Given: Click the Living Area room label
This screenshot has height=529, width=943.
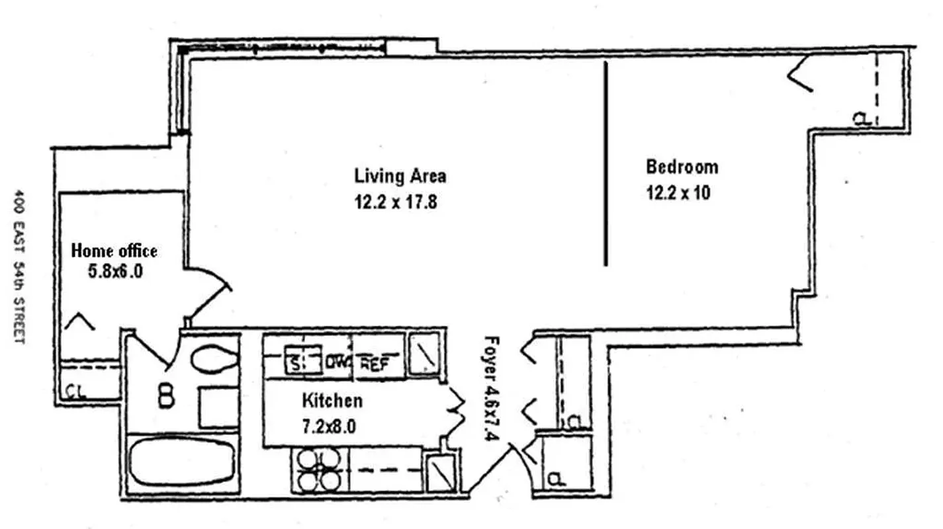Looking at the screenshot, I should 400,176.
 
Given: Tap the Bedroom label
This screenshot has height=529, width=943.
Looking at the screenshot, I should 682,167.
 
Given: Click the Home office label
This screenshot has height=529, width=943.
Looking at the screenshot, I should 114,251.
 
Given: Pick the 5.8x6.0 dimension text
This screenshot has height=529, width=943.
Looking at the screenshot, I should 115,271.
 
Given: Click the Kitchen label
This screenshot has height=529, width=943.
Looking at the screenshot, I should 332,400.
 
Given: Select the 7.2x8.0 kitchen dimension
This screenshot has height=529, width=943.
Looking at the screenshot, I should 329,427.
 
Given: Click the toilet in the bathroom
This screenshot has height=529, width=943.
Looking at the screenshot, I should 214,360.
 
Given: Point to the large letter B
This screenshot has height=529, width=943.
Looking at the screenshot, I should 166,397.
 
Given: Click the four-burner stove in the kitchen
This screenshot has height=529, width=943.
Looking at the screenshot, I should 316,469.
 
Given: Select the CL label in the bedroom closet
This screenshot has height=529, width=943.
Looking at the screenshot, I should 860,119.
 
